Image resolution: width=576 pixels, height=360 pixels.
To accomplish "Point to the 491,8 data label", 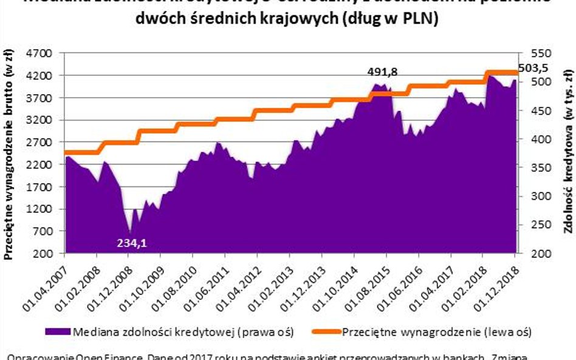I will [x=383, y=72].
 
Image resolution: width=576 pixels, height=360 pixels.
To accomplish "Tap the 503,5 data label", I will [x=533, y=68].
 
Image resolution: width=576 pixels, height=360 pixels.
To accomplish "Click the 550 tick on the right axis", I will [x=540, y=53].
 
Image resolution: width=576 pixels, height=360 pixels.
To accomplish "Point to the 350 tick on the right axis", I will [x=540, y=167].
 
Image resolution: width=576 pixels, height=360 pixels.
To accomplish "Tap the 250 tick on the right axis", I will [x=540, y=224].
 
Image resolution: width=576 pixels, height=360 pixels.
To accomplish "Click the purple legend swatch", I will [x=57, y=332].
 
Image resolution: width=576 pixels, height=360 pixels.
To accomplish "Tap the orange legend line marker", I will [x=325, y=332].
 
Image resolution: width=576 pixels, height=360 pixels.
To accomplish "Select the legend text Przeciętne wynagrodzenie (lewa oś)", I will [x=437, y=332].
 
